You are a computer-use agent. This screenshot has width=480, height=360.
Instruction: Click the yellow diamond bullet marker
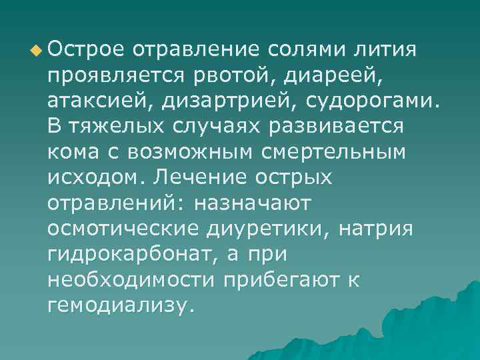(x=35, y=49)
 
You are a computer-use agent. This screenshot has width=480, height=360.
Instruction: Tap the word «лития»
(x=391, y=49)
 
